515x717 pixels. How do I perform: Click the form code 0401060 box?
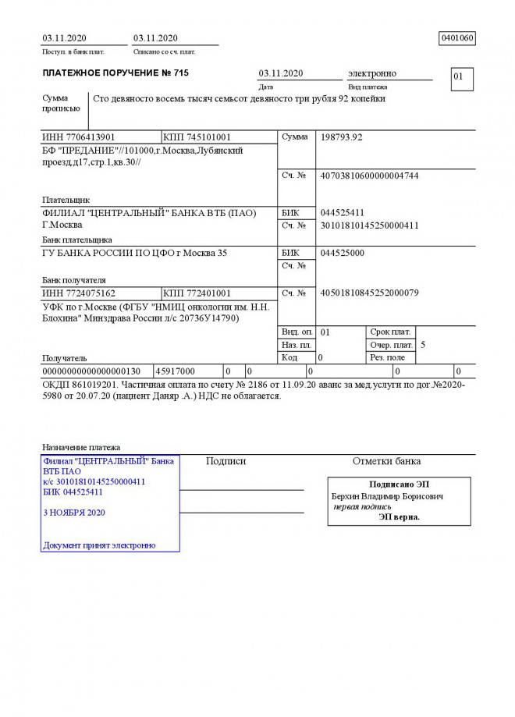pos(458,38)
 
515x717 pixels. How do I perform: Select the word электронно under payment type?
pos(372,73)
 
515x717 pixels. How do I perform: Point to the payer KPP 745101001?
pos(197,137)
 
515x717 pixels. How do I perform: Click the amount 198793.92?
pos(342,137)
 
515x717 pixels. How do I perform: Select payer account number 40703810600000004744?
pos(370,176)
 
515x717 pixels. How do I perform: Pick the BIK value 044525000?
pos(342,253)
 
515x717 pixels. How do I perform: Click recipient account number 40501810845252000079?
pos(370,293)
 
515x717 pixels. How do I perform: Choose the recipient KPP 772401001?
pos(197,293)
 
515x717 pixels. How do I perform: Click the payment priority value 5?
pos(423,344)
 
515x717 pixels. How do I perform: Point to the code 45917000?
pos(176,371)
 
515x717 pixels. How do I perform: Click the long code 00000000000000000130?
pos(91,371)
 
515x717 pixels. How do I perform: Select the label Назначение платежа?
pos(81,447)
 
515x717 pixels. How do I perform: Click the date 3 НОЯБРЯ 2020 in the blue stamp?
pos(74,513)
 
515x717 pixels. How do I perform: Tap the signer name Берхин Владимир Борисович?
pos(388,496)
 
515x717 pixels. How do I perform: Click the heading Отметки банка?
pos(386,461)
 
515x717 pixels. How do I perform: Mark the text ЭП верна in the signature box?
pos(399,516)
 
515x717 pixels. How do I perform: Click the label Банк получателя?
pos(74,279)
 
